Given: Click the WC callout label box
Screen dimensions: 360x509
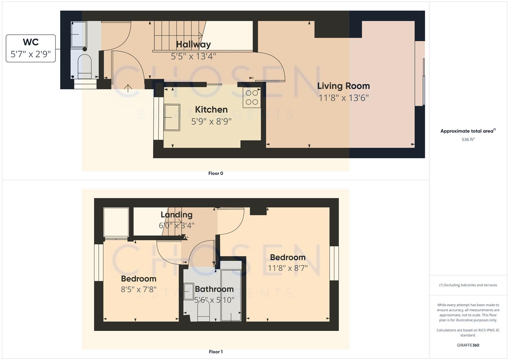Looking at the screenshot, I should (x=31, y=48).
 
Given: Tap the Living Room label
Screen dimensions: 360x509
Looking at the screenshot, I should (x=343, y=86).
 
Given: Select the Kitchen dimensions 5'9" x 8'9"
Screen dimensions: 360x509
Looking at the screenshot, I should (x=211, y=121).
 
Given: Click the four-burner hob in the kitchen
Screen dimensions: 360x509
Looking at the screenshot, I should (x=252, y=97).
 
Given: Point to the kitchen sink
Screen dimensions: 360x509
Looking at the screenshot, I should (x=172, y=117).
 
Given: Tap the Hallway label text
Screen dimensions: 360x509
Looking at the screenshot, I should (x=193, y=44).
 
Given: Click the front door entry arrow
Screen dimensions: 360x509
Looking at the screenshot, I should (x=128, y=88).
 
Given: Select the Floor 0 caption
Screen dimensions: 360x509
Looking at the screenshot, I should (x=216, y=173).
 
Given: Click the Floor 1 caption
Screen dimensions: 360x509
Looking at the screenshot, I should (x=216, y=352).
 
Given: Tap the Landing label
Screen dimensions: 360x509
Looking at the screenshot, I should (x=176, y=215).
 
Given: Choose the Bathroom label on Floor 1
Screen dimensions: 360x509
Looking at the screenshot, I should (x=214, y=289).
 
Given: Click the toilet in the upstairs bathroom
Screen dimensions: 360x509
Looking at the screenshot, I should (x=203, y=311).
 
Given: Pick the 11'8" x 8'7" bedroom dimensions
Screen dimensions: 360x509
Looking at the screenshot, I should (x=288, y=268).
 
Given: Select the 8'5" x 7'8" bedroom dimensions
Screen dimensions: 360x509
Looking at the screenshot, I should (x=139, y=289).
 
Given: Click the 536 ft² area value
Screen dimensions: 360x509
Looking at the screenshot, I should (x=468, y=140).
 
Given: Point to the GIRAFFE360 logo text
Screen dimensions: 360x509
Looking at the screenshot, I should (x=468, y=345).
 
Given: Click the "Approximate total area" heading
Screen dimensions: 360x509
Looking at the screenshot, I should (x=467, y=131).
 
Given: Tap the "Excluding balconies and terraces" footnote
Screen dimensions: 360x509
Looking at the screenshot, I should (x=468, y=285).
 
